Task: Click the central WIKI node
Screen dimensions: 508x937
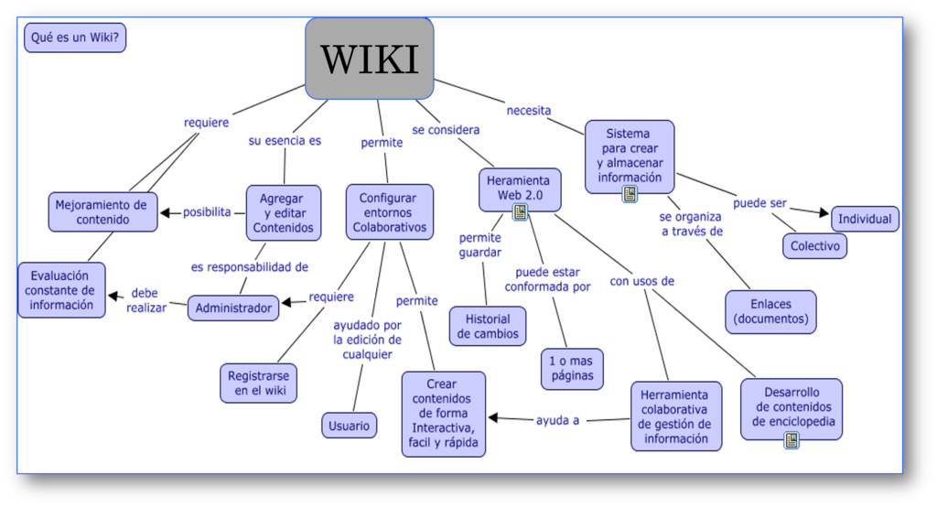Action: coord(369,59)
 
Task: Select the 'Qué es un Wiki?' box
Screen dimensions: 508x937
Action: coord(75,38)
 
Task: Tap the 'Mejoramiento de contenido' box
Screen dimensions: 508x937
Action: coord(102,212)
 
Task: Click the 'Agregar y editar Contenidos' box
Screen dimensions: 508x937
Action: coord(284,212)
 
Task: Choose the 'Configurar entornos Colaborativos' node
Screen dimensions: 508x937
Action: coord(387,212)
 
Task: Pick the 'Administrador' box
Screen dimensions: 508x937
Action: coord(233,308)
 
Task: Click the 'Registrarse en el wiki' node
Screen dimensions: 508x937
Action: coord(258,384)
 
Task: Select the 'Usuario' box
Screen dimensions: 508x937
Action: coord(349,426)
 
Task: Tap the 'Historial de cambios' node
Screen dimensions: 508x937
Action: coord(487,327)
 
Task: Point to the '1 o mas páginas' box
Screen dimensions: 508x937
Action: coord(573,368)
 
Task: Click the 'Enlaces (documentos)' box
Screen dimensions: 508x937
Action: coord(770,312)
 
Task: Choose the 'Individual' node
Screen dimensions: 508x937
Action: coord(865,220)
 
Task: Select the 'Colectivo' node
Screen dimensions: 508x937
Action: coord(814,246)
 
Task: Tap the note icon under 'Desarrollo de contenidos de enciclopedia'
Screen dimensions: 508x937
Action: coord(792,440)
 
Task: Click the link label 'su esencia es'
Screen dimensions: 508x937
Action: coord(285,142)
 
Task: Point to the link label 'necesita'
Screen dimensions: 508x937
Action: coord(529,111)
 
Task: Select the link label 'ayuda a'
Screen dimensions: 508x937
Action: coord(558,420)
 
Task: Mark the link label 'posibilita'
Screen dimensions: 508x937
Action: coord(207,212)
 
